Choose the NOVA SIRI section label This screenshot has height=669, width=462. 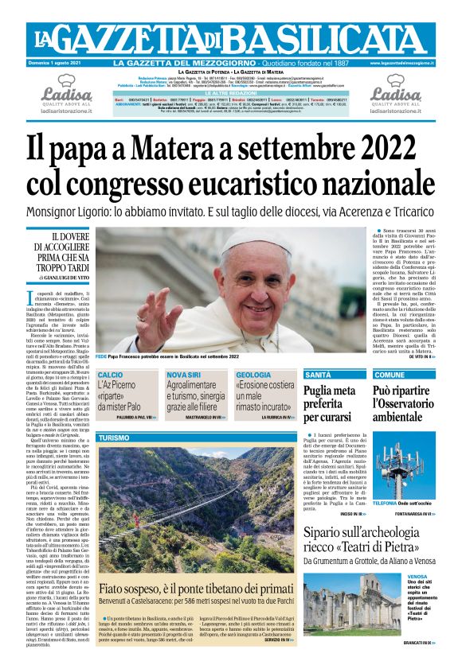(184, 375)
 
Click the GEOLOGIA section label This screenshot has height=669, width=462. (254, 375)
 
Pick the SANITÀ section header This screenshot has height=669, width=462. (319, 374)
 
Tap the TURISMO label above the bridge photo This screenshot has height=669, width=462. (113, 438)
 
